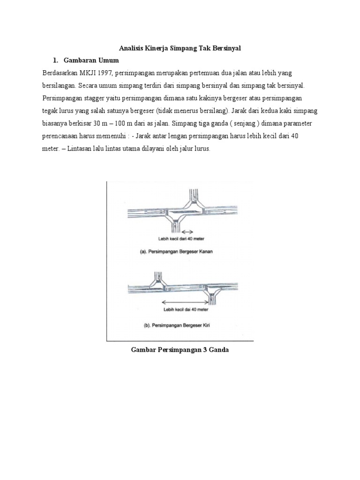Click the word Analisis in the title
(130, 48)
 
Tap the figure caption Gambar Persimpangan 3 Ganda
(180, 350)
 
